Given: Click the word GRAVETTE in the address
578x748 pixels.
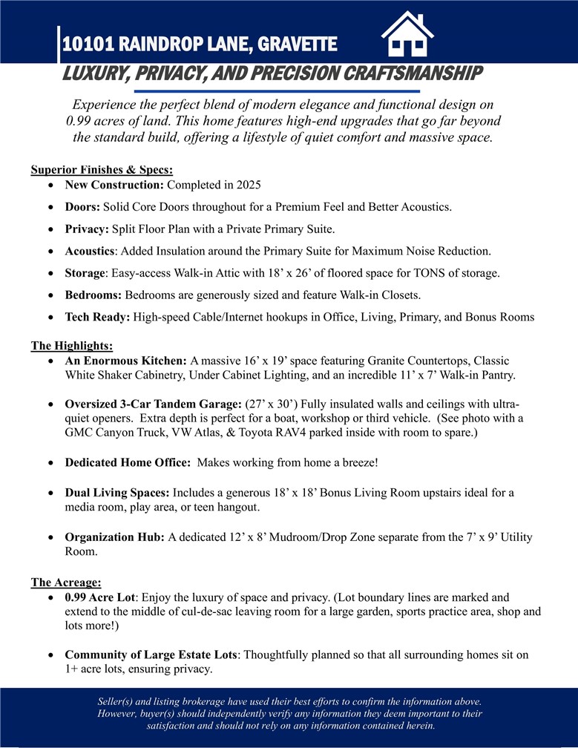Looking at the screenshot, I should (299, 45).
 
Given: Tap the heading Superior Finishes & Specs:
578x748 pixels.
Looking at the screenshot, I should (102, 170).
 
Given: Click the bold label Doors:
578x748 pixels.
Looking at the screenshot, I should (82, 206).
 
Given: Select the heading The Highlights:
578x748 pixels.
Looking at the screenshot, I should (71, 345).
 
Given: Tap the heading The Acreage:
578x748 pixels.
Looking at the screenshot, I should (66, 583).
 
